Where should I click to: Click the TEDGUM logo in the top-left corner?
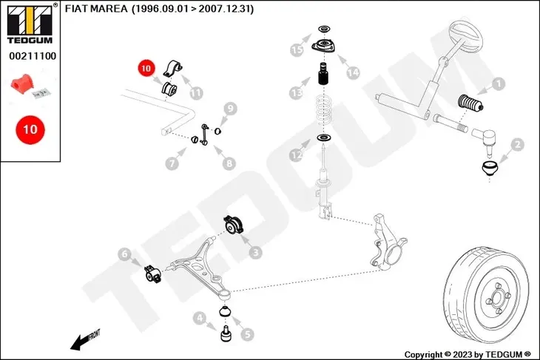click(30, 22)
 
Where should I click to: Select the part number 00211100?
click(30, 55)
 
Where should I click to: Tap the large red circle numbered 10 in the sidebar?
click(30, 129)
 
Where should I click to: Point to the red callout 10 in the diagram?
click(144, 69)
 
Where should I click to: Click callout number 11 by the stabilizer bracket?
click(196, 93)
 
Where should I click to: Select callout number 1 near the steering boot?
click(499, 84)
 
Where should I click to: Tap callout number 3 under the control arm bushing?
click(255, 253)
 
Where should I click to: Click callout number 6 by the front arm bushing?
click(125, 255)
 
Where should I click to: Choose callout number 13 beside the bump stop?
click(297, 92)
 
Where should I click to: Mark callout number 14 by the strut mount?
click(352, 72)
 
